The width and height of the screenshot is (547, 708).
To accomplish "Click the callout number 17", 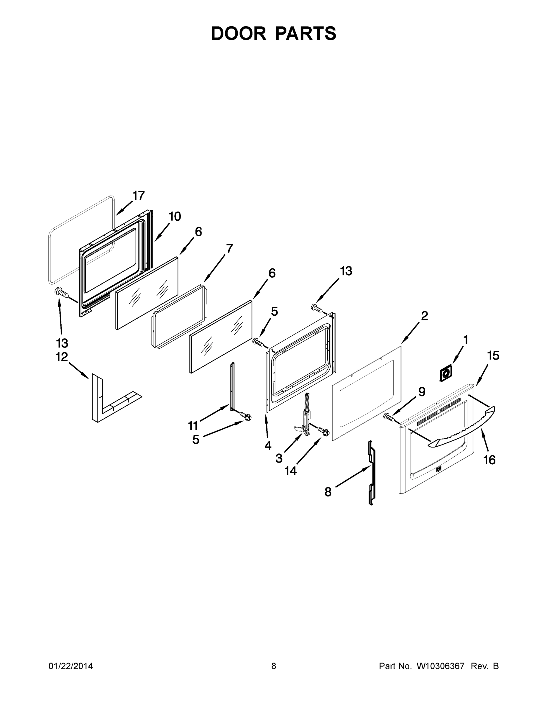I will coord(138,196).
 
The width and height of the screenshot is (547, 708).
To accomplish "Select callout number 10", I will coord(175,216).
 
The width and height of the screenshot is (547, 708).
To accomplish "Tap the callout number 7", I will coord(229,249).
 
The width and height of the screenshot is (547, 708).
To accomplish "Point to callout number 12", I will coord(62,357).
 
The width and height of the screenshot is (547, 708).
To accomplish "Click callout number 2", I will coord(425,315).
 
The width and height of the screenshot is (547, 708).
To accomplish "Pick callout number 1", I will coord(466,340).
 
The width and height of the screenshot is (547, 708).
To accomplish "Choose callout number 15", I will coord(493,355).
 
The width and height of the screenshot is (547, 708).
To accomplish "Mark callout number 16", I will coord(489,460).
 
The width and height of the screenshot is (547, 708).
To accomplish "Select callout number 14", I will coord(291,471).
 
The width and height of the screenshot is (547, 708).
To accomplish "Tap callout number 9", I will coord(422,392).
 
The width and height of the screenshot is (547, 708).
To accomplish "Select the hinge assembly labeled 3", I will coord(305,417).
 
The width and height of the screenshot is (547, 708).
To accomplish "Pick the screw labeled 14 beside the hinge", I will coord(324,432).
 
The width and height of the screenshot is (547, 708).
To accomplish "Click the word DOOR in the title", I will coord(239,33).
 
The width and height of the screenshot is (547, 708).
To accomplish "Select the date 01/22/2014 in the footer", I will coord(71,666).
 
